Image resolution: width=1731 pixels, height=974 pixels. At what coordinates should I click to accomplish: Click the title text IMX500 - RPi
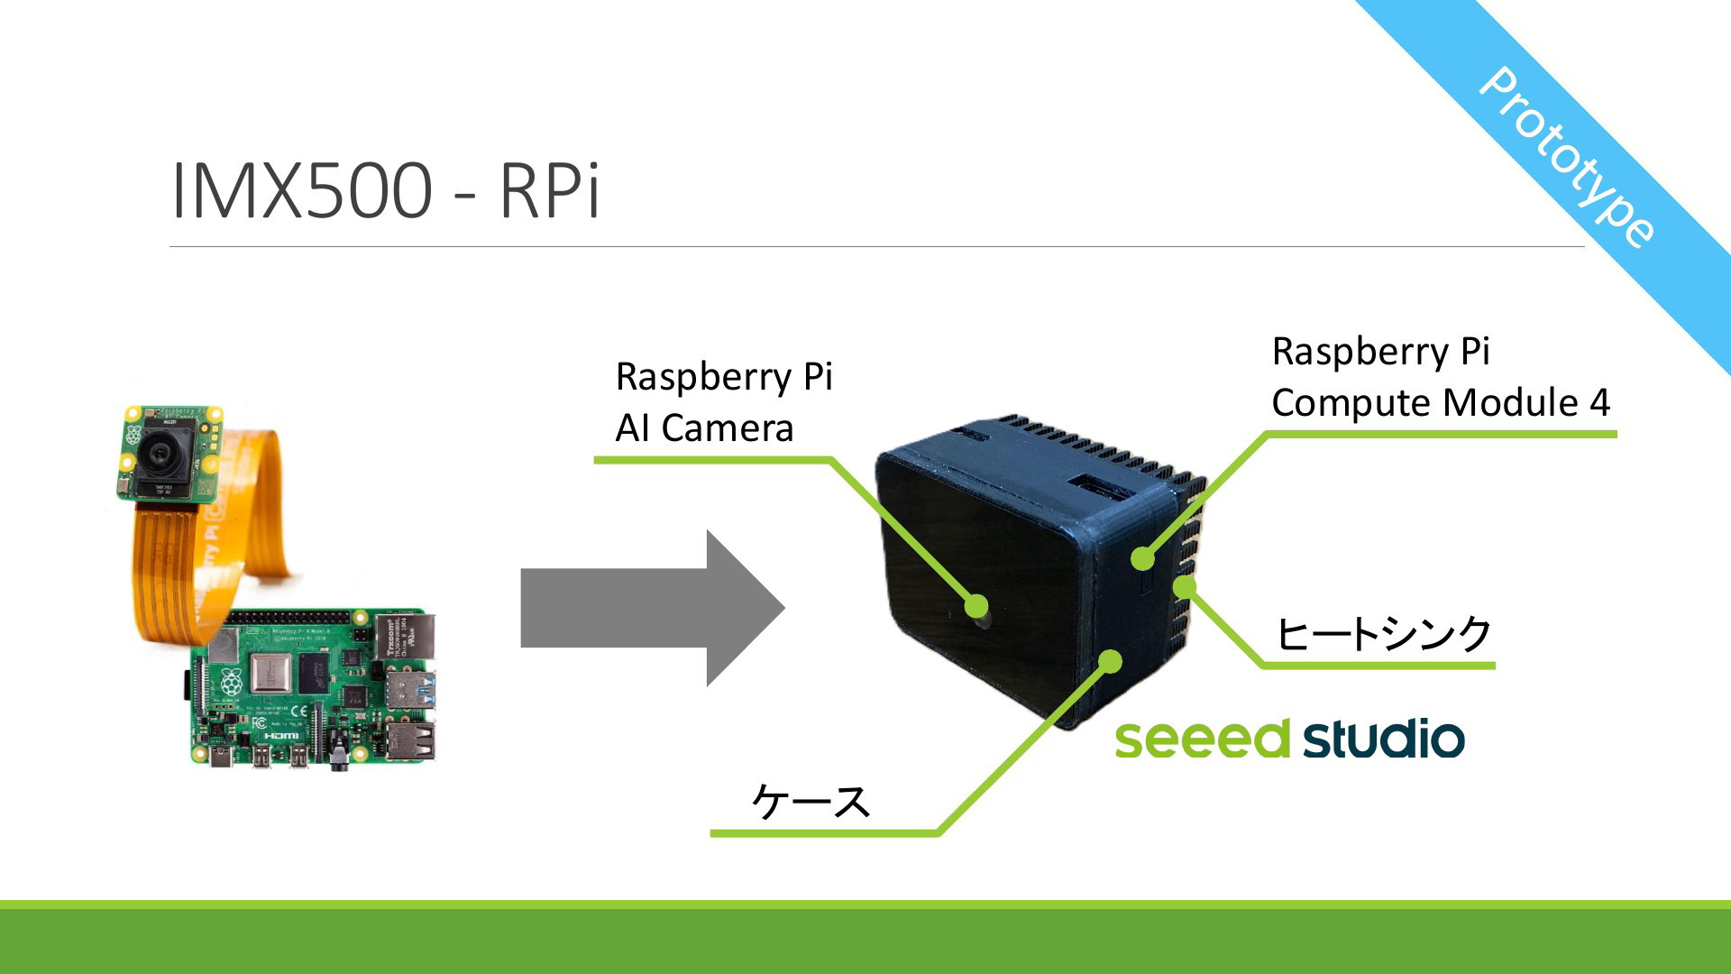(x=385, y=189)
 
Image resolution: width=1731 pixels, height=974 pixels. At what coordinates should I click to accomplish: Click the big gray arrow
(x=653, y=608)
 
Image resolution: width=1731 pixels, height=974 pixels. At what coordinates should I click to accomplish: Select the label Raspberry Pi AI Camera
(x=723, y=402)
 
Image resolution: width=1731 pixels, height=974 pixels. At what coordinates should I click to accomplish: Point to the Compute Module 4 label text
(x=1441, y=402)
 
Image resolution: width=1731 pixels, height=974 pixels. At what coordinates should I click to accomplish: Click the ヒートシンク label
(x=1384, y=634)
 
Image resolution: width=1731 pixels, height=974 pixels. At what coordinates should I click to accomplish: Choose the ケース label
(x=811, y=801)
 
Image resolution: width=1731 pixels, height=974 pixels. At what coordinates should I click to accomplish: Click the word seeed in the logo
(x=1203, y=740)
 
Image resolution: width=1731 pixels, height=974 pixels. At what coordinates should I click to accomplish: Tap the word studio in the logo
(x=1384, y=739)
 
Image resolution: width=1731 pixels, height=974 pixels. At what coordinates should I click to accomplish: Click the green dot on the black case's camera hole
(x=976, y=606)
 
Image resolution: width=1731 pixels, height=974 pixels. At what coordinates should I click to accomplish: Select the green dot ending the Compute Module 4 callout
(x=1143, y=558)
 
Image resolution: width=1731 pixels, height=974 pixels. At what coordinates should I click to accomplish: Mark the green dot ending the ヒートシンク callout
(x=1185, y=588)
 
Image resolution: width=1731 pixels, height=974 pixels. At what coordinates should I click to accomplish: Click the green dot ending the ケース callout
(x=1111, y=662)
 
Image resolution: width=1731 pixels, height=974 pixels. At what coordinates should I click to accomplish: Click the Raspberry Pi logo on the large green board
(x=232, y=681)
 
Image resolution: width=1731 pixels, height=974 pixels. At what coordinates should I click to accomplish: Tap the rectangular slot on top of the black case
(x=1098, y=487)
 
